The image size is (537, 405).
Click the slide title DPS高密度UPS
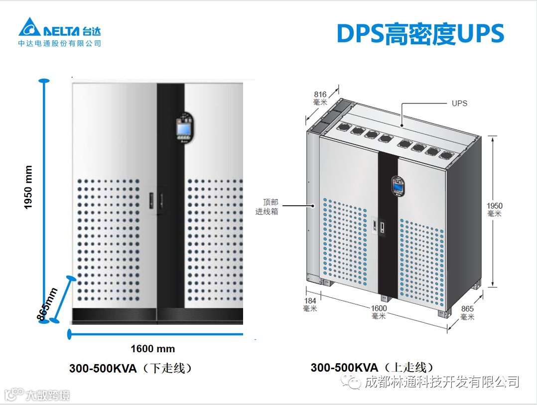pos(420,34)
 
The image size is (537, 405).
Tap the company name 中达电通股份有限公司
pos(60,43)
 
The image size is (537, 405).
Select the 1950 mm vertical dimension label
pos(28,188)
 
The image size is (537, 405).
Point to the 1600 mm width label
pos(152,349)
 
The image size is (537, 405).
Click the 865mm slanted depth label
pos(47,304)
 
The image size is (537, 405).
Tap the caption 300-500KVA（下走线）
pos(131,368)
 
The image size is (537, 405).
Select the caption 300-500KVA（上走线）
pos(372,368)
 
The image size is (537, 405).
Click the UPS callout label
pos(459,104)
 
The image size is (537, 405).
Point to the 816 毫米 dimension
pos(320,98)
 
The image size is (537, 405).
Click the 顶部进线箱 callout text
pos(270,207)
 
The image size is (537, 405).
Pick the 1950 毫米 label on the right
pos(495,209)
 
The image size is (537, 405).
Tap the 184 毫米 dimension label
pos(310,304)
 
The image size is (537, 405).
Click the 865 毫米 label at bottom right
pos(467,313)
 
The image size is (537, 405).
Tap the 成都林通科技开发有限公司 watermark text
pos(442,382)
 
